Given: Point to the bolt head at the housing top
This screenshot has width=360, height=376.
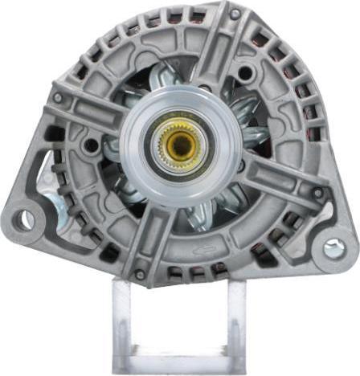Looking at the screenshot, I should pos(234,14).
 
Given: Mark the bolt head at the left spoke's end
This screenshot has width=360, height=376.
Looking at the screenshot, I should pos(58,98).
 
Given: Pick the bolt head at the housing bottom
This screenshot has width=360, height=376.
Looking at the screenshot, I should pos(140,275).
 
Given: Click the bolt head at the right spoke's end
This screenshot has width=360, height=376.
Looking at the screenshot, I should pos(318,194).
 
